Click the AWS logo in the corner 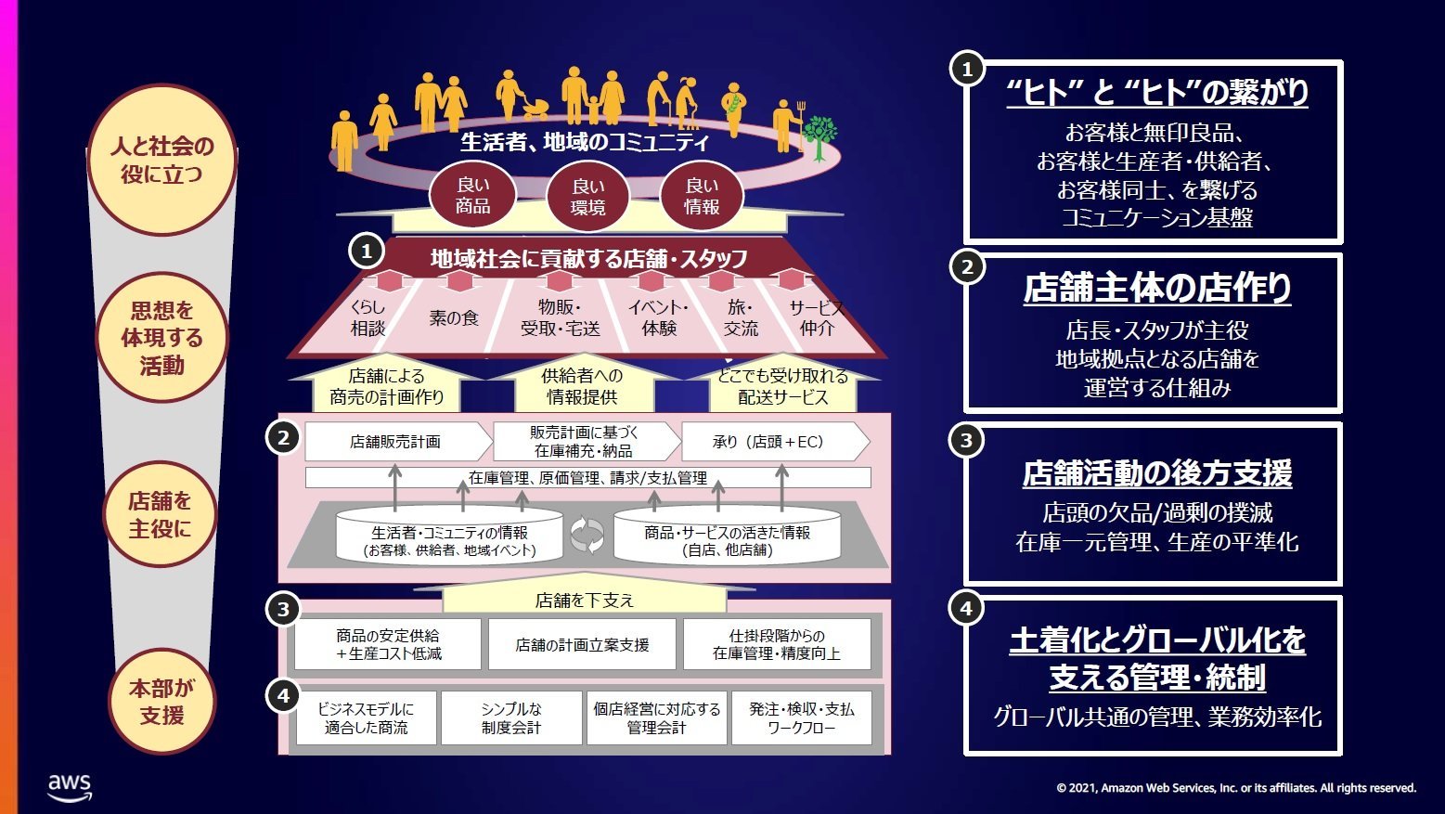coord(70,788)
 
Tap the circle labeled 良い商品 coord(473,196)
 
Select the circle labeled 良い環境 coord(587,197)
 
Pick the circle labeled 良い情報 coord(702,196)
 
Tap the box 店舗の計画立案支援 coord(582,644)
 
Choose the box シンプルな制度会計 coord(511,717)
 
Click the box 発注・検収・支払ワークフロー coord(801,717)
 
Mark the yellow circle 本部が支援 coord(161,701)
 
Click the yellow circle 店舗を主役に coord(160,514)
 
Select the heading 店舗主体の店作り coord(1157,288)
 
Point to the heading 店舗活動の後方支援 coord(1157,472)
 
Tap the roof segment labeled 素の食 coord(454,317)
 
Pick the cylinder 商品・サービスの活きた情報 coord(727,535)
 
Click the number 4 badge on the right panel coord(966,608)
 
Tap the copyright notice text coord(1236,788)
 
